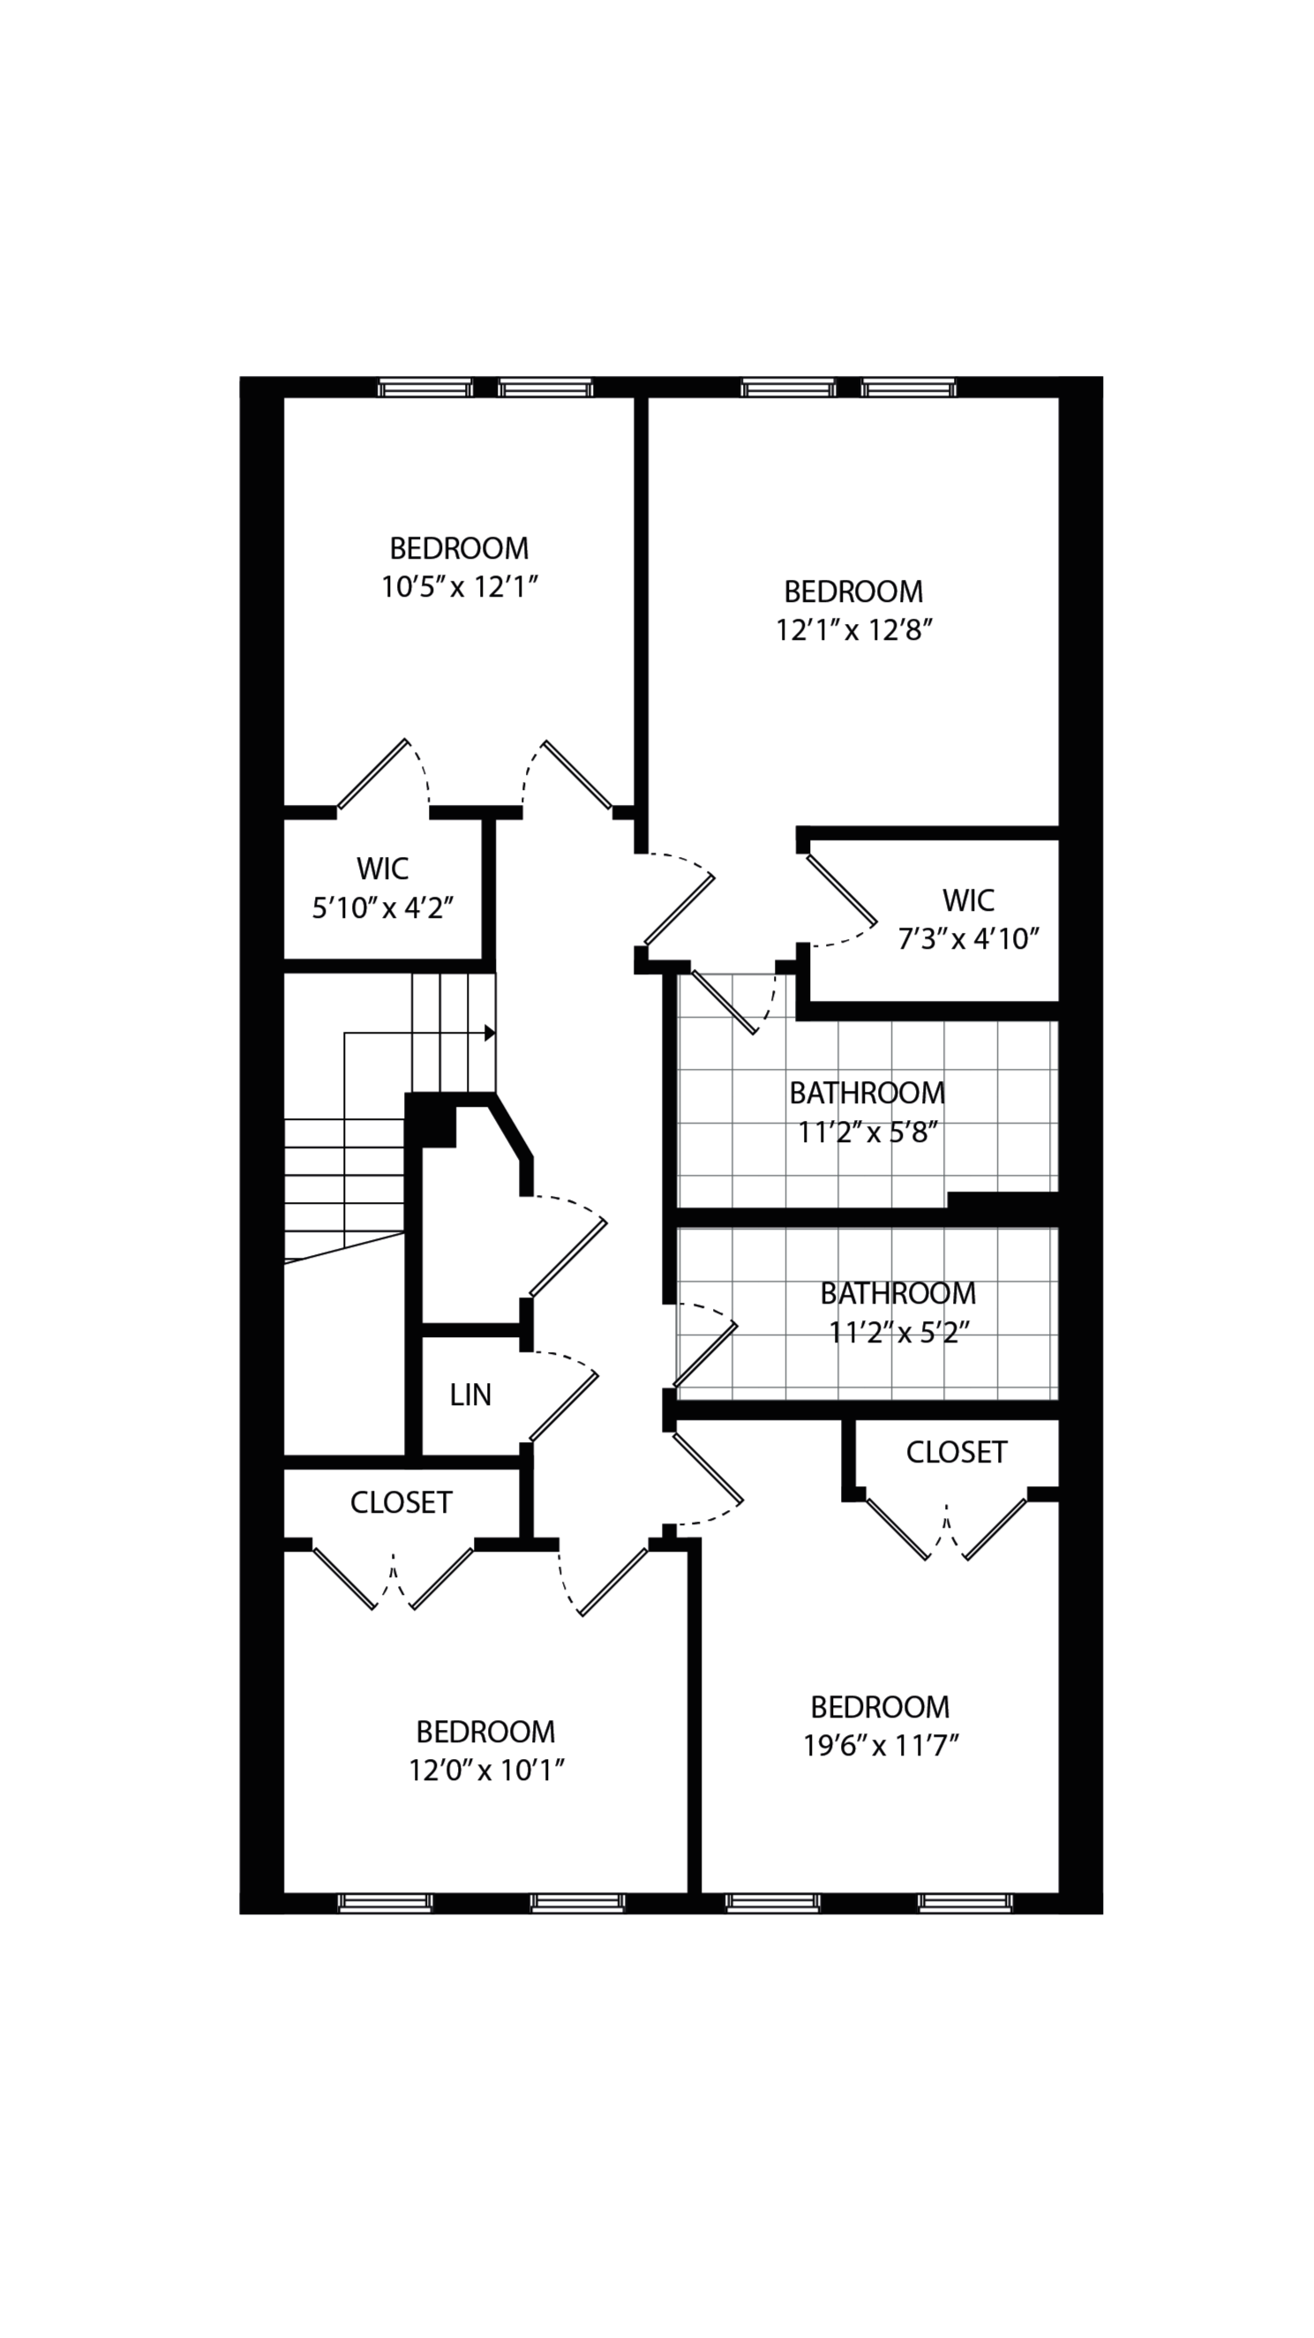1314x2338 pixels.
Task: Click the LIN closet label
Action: (470, 1395)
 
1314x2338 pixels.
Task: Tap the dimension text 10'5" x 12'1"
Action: (459, 587)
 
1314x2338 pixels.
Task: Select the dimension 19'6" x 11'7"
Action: (880, 1745)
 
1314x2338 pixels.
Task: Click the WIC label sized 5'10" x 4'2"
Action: (382, 868)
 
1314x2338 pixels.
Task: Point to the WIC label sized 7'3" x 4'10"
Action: (967, 900)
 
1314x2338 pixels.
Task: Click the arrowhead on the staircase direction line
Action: (489, 1033)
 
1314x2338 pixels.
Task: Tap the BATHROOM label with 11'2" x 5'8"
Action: (867, 1093)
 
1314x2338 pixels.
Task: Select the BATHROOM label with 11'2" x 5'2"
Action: (897, 1293)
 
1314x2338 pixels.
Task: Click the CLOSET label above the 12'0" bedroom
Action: (402, 1503)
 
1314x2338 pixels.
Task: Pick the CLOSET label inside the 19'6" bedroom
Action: (957, 1452)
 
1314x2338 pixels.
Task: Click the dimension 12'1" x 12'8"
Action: (854, 630)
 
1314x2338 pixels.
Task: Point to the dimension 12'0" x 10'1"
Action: (486, 1770)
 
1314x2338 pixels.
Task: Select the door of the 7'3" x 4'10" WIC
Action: (841, 889)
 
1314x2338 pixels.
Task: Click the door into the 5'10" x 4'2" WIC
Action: (372, 773)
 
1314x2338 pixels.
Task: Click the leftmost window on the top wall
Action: (424, 388)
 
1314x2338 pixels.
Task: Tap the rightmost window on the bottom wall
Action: (964, 1902)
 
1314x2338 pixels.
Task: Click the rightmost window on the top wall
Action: (908, 388)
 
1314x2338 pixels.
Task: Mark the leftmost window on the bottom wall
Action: (385, 1902)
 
